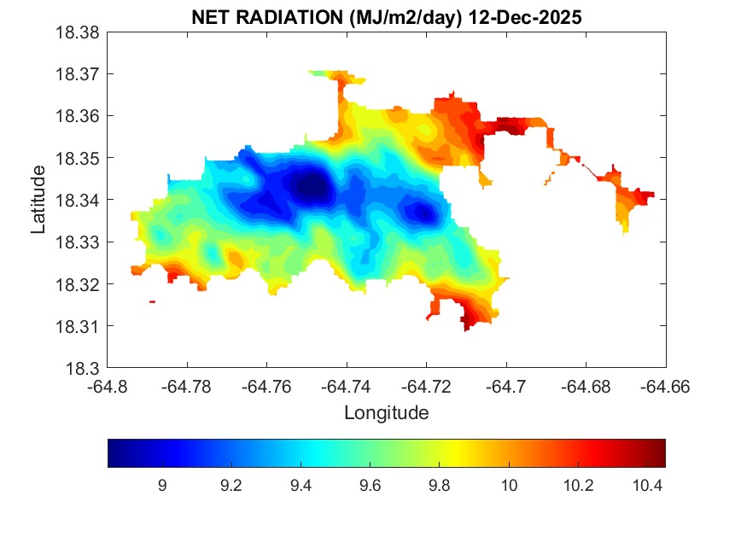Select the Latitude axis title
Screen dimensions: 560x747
click(x=38, y=200)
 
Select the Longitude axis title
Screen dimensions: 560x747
click(x=386, y=413)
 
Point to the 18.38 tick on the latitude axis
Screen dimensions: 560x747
click(x=78, y=32)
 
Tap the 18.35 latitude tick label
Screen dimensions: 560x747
click(x=78, y=158)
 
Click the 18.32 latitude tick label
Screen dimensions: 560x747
click(x=78, y=284)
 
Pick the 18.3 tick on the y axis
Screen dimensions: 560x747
click(x=85, y=369)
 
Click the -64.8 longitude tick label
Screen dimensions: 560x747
click(x=108, y=386)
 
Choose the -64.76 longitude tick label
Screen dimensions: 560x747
click(x=267, y=386)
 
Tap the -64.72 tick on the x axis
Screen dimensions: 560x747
click(x=427, y=386)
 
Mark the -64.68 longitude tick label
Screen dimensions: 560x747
click(x=587, y=386)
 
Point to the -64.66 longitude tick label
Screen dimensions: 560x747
click(x=666, y=386)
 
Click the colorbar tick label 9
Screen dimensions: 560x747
click(x=162, y=486)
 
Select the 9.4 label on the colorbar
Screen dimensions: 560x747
click(x=301, y=486)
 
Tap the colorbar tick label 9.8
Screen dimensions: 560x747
click(x=439, y=486)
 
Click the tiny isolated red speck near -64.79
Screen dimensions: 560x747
click(x=152, y=301)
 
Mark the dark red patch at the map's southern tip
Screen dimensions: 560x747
click(x=467, y=323)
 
